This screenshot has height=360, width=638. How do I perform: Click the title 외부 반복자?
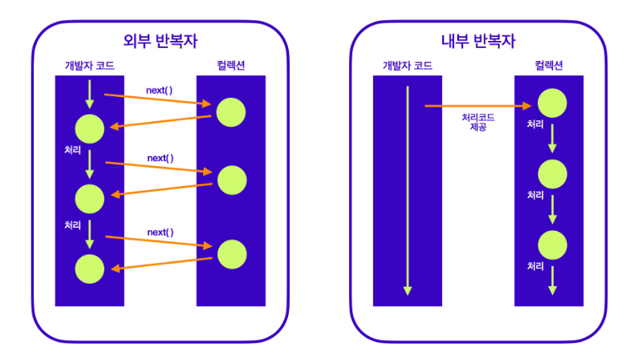pyautogui.click(x=159, y=41)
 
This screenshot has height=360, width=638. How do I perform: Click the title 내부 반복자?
pyautogui.click(x=478, y=41)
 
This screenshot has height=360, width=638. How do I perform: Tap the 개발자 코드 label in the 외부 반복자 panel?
pyautogui.click(x=90, y=66)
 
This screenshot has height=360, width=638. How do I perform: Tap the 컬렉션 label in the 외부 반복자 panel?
pyautogui.click(x=230, y=66)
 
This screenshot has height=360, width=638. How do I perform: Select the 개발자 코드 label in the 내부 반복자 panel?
pyautogui.click(x=408, y=66)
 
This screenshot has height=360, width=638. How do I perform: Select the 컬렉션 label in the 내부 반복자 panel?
pyautogui.click(x=549, y=66)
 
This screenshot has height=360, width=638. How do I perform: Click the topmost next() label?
pyautogui.click(x=160, y=90)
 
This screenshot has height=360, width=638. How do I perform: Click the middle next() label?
pyautogui.click(x=160, y=158)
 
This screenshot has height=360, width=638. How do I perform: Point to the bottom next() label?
pyautogui.click(x=160, y=232)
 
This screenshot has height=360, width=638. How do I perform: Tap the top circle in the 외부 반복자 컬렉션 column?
pyautogui.click(x=231, y=112)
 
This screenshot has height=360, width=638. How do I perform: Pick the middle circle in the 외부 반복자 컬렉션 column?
pyautogui.click(x=231, y=180)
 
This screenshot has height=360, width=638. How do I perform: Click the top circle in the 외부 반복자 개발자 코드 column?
pyautogui.click(x=89, y=129)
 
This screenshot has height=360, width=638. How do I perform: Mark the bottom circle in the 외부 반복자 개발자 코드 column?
pyautogui.click(x=89, y=269)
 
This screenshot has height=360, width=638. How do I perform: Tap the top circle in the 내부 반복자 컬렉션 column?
pyautogui.click(x=552, y=103)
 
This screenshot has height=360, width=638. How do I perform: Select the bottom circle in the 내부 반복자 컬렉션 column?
pyautogui.click(x=552, y=244)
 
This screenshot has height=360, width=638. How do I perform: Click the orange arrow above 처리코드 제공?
pyautogui.click(x=478, y=105)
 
